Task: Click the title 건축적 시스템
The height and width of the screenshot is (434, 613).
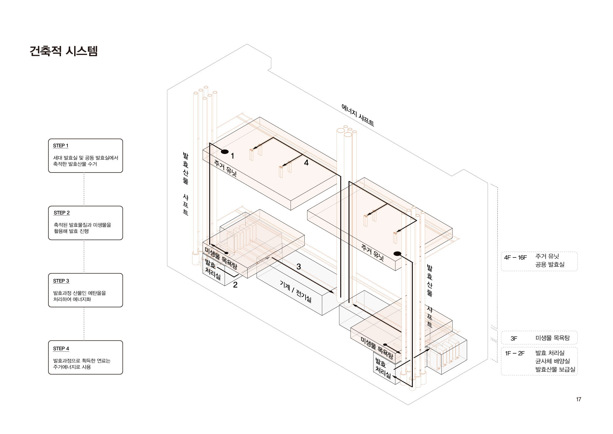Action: point(63,51)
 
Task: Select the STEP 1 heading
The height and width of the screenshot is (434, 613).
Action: point(61,145)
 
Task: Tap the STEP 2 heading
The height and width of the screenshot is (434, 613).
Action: point(62,213)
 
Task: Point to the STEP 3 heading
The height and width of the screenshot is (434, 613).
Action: point(61,281)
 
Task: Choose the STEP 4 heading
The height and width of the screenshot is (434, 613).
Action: point(61,348)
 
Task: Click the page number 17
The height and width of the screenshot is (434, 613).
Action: point(578,399)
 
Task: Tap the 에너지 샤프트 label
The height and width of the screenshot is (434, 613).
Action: point(357,115)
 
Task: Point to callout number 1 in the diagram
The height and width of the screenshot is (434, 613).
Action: point(233,156)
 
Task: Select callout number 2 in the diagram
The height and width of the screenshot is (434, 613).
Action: point(235,285)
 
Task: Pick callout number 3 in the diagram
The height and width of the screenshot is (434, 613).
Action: point(299,267)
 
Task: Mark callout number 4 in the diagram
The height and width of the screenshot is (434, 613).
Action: point(306,163)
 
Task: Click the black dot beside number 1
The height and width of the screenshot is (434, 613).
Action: point(225,151)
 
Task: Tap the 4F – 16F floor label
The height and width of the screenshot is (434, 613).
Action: point(515,258)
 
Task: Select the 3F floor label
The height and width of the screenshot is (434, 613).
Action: point(514,339)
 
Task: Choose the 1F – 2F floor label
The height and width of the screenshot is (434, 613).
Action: point(515,353)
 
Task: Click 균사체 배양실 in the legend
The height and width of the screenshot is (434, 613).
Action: point(552,361)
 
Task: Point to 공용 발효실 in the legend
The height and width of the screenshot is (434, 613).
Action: point(550,264)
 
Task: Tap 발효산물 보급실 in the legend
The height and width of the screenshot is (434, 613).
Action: point(555,369)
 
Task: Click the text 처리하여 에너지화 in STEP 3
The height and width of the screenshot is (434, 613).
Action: point(72,299)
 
